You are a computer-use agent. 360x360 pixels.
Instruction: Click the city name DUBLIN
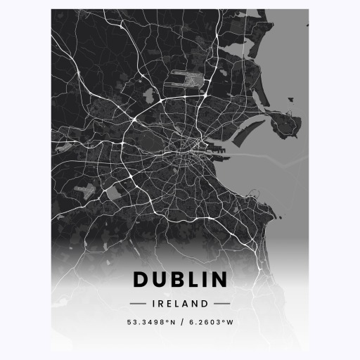click(180, 280)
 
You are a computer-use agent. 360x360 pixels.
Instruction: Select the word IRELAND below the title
click(180, 304)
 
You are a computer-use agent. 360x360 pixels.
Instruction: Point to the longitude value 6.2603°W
click(210, 323)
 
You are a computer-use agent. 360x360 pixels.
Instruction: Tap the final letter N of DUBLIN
click(219, 280)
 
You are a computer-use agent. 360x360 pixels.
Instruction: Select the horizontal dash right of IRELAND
click(222, 304)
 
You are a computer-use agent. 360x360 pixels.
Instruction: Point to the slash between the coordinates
click(181, 323)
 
